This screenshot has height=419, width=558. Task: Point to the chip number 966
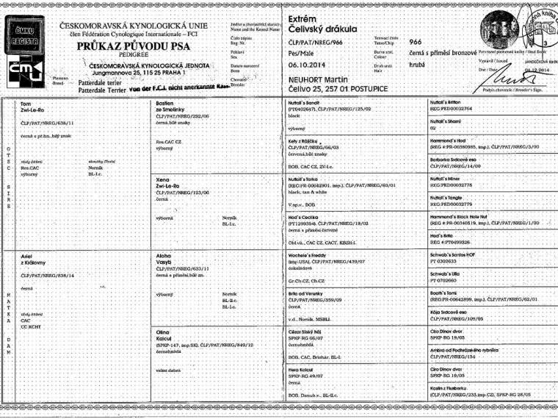coord(415,42)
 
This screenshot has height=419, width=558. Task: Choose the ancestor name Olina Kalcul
coord(169,335)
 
